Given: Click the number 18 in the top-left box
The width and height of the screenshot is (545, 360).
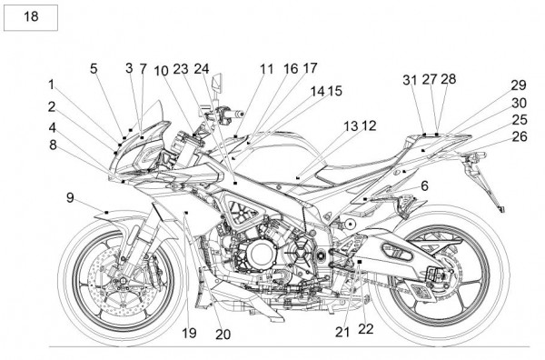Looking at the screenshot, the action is pyautogui.click(x=31, y=16).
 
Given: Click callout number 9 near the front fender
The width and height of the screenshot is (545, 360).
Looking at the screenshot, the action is pyautogui.click(x=70, y=198).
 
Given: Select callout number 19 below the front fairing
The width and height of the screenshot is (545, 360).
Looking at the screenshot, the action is pyautogui.click(x=190, y=333).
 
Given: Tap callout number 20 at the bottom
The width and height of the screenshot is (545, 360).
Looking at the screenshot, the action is pyautogui.click(x=223, y=335).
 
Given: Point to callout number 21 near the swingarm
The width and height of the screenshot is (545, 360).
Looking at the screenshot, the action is pyautogui.click(x=342, y=332).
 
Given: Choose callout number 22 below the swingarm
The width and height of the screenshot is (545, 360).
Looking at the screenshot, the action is pyautogui.click(x=366, y=329).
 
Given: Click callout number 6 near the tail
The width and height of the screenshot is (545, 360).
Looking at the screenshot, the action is pyautogui.click(x=424, y=185).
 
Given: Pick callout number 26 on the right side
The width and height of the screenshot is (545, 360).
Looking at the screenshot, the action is pyautogui.click(x=520, y=136).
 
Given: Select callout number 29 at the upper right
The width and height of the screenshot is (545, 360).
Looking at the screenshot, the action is pyautogui.click(x=519, y=85).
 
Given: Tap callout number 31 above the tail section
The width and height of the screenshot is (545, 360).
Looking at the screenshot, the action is pyautogui.click(x=410, y=80).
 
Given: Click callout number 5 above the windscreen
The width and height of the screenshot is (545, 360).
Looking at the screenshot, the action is pyautogui.click(x=94, y=68).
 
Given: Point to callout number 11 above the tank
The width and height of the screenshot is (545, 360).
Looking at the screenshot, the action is pyautogui.click(x=267, y=69).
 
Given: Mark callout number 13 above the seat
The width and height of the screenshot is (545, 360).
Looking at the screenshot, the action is pyautogui.click(x=351, y=126).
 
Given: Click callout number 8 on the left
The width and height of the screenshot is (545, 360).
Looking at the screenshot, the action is pyautogui.click(x=53, y=145).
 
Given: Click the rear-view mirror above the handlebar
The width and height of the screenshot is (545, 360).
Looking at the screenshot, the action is pyautogui.click(x=218, y=84).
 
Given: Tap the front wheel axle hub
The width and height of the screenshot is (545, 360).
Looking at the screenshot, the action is pyautogui.click(x=122, y=280).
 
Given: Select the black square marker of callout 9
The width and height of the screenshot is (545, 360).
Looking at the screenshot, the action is pyautogui.click(x=106, y=212).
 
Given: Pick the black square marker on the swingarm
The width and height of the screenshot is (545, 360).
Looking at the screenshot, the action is pyautogui.click(x=360, y=261).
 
